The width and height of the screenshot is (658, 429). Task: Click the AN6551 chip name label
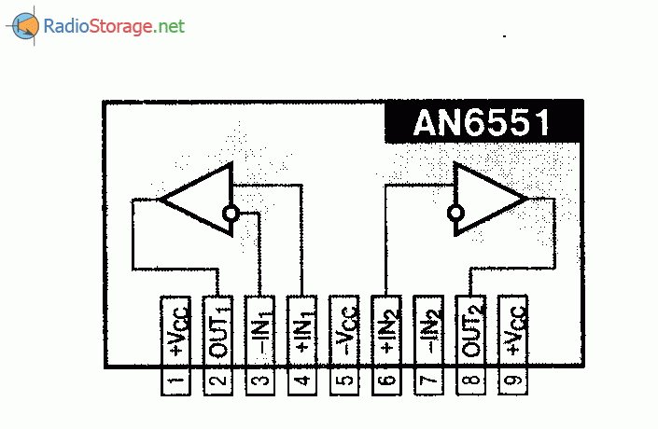[x=483, y=122]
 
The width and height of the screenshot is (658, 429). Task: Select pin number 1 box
[x=175, y=381]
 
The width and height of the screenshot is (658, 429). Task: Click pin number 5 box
[x=344, y=381]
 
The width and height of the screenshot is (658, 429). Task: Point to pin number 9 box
[x=512, y=381]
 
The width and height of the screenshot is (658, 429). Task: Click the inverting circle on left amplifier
[x=231, y=214]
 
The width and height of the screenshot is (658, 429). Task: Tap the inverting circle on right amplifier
[x=455, y=214]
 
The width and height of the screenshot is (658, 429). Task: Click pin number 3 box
[x=259, y=381]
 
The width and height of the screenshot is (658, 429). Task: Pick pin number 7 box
[x=428, y=381]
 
